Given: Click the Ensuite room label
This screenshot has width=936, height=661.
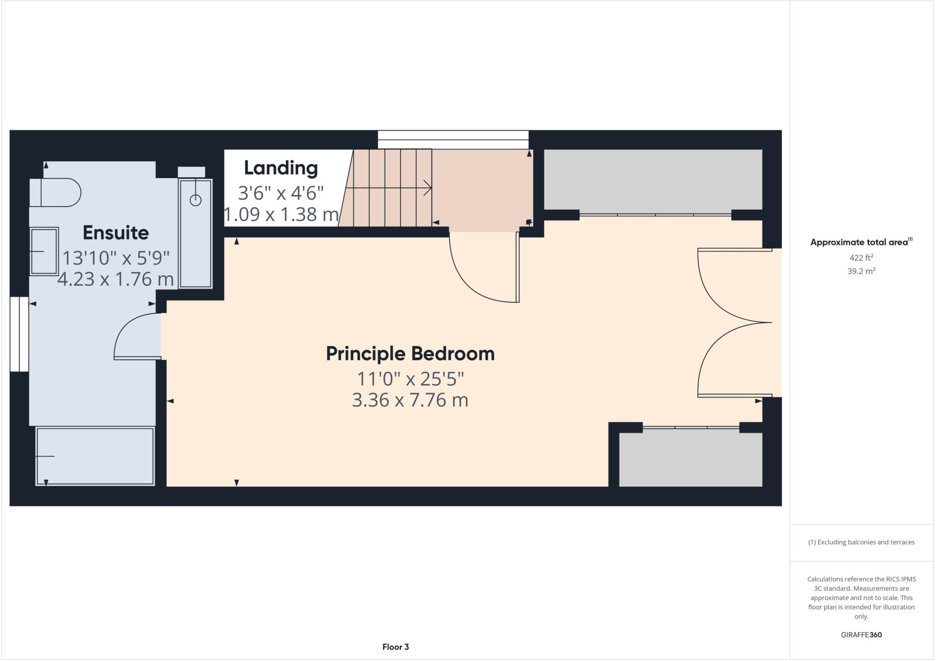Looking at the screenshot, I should tap(116, 233).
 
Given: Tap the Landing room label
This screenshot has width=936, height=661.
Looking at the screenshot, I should tap(281, 168).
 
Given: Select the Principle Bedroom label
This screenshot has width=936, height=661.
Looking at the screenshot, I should tap(410, 354).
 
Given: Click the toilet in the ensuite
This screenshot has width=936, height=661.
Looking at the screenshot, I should tap(55, 192).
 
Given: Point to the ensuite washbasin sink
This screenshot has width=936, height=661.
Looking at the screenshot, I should tap(44, 251).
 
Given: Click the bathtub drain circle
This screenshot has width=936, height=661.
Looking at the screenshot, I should tap(196, 200).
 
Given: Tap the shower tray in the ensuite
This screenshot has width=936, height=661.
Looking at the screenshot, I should tap(95, 456).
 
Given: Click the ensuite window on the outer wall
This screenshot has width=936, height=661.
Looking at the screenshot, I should tap(19, 334).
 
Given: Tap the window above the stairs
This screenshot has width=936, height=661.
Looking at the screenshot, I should tap(453, 139).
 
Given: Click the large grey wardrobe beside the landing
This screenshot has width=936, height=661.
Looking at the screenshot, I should tap(653, 180).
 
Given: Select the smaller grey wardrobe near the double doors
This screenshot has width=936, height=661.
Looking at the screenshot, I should tap(690, 459).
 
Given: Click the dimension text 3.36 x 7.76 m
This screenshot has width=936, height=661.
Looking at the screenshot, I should tap(410, 400).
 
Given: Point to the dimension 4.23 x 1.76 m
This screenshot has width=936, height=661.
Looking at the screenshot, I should tap(116, 279).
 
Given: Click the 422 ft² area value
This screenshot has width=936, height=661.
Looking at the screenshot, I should tap(861, 258).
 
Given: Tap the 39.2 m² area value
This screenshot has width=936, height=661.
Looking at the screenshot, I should tap(861, 271).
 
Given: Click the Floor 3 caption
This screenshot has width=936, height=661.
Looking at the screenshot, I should tap(395, 647).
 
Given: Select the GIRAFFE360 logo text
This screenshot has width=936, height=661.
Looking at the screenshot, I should tap(861, 635).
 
